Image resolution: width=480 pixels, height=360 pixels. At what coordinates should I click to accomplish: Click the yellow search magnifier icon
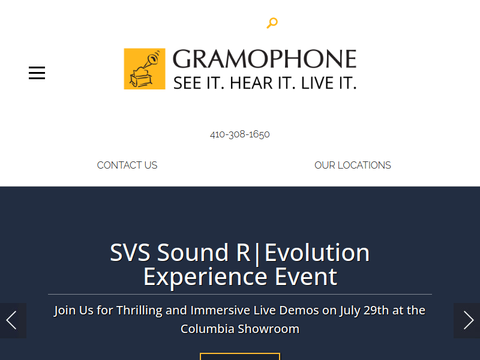(272, 23)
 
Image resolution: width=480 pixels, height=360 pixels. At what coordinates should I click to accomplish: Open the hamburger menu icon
(37, 73)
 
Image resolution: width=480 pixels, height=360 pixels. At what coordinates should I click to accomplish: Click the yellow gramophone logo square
(145, 69)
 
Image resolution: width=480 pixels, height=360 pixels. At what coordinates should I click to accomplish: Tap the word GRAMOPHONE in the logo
(265, 59)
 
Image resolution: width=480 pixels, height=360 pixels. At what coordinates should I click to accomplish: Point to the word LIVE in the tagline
(317, 83)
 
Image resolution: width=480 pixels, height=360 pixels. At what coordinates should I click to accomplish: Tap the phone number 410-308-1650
(239, 134)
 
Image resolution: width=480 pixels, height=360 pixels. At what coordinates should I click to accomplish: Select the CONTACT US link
(127, 166)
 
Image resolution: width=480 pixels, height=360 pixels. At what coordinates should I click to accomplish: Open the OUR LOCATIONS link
(353, 166)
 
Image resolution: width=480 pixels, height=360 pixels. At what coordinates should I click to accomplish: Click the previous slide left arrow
(11, 320)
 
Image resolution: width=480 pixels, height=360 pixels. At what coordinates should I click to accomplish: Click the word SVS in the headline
(130, 253)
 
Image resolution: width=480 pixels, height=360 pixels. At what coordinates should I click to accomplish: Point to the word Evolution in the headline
(317, 253)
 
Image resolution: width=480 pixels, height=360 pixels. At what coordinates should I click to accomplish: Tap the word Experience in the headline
(205, 277)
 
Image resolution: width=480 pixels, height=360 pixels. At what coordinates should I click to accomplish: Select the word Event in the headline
(306, 277)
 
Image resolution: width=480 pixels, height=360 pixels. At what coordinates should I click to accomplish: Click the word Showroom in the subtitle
(268, 329)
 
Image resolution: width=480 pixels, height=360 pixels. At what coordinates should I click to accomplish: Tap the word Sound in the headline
(193, 253)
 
